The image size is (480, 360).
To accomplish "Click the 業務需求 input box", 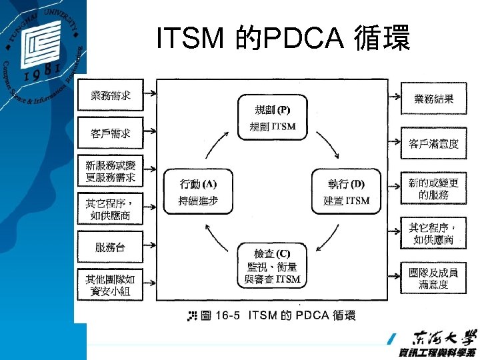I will (111, 97).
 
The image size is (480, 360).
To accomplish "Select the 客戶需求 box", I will (111, 133).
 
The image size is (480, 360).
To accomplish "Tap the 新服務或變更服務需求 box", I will (111, 171).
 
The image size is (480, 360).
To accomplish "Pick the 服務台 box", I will (111, 247).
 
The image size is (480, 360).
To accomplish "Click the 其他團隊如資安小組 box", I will (111, 284).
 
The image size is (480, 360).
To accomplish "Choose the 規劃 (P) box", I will (273, 117).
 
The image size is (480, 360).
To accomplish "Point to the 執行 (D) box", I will (346, 191).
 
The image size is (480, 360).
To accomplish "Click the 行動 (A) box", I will (198, 191).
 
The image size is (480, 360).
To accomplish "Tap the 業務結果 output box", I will (434, 99).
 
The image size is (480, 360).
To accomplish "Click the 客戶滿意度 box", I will (434, 143).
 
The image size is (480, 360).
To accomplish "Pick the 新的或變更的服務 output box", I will (434, 188).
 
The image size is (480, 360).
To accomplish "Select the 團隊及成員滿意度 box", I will (434, 278).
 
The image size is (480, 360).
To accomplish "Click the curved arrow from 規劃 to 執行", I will (326, 143).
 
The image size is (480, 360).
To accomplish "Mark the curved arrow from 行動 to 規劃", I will (219, 144).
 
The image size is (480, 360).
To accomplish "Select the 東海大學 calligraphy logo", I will (440, 338).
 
